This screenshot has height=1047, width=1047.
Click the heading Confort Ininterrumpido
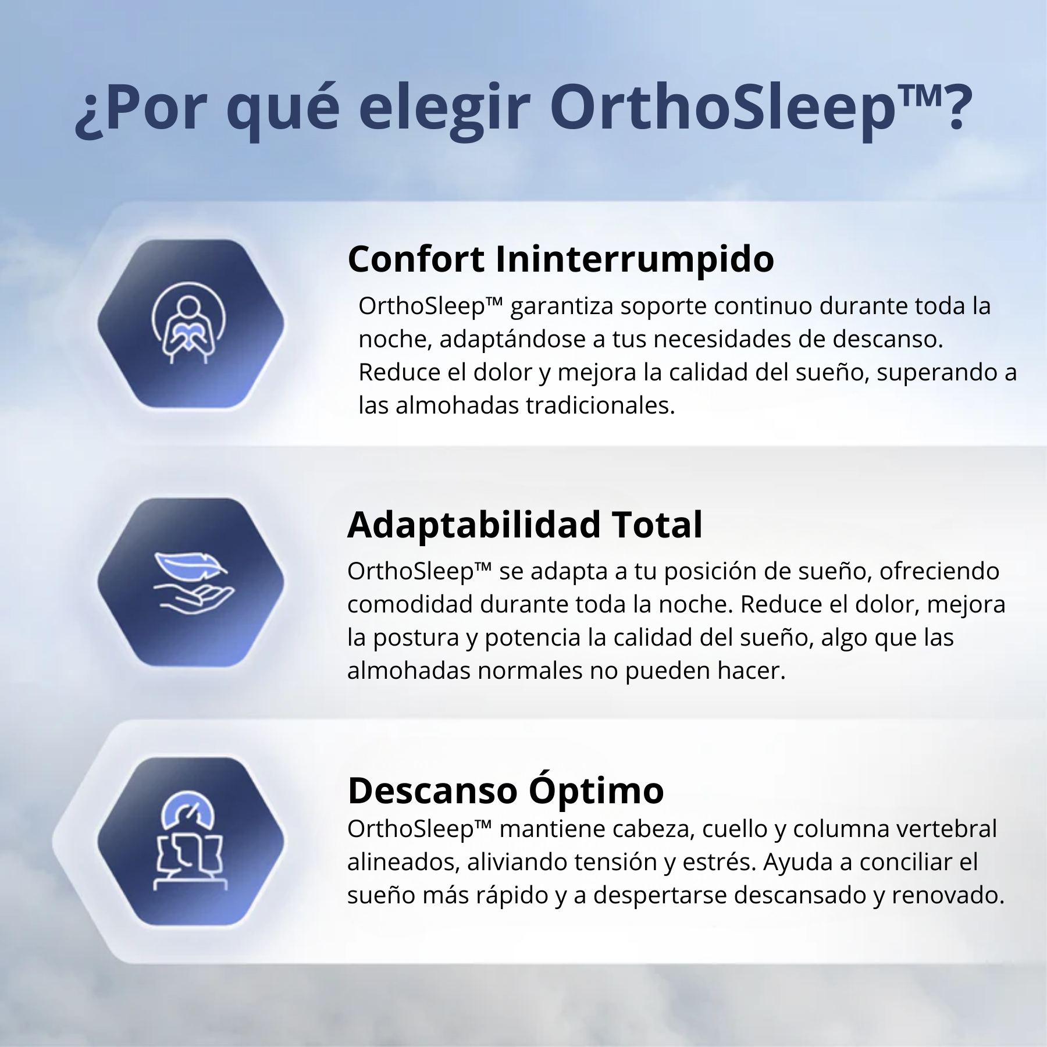coord(561,259)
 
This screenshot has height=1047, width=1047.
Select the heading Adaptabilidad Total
coord(525,525)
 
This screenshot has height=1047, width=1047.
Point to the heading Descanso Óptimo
coord(505,789)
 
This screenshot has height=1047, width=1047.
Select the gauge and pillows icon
coord(190,841)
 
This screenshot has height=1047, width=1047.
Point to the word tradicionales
coord(600,405)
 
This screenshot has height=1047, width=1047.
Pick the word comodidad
coord(409,604)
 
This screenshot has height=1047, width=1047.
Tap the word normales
coord(530,671)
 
